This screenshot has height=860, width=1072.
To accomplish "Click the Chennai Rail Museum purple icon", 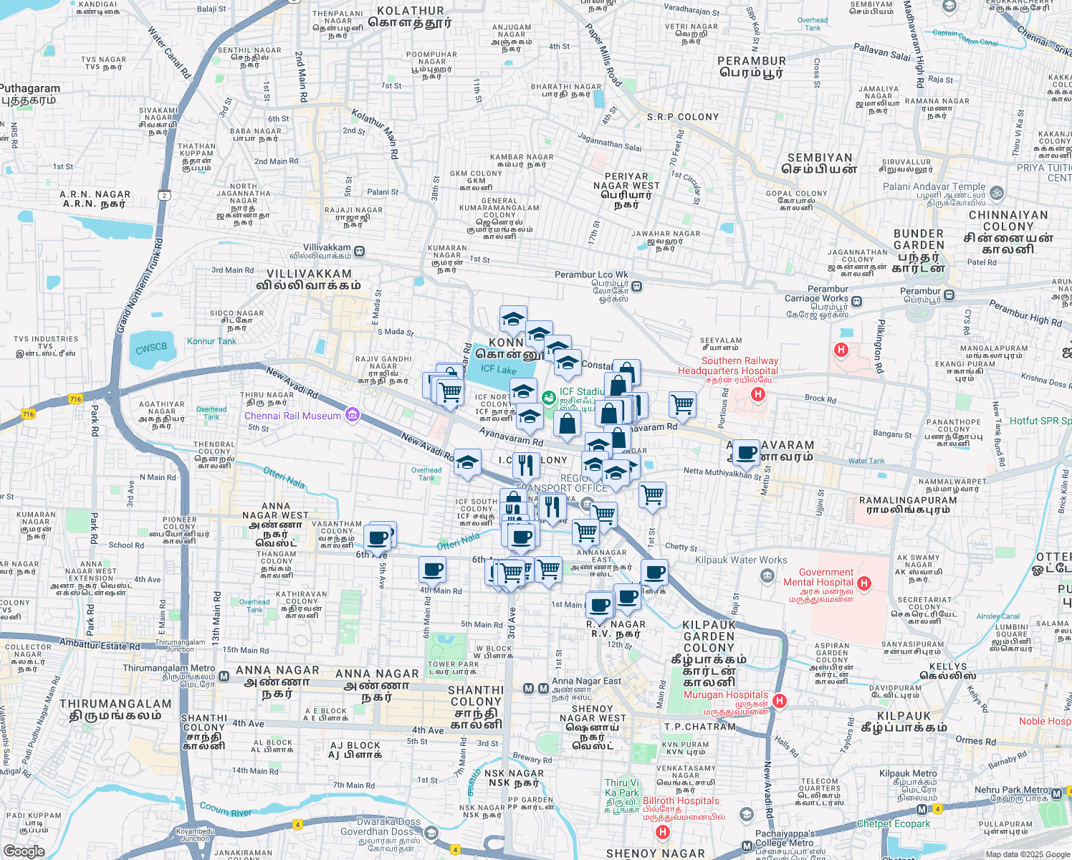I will (x=352, y=415).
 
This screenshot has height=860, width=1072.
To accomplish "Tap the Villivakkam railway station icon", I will (x=359, y=252).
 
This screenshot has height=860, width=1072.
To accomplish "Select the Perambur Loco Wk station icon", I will (x=636, y=287).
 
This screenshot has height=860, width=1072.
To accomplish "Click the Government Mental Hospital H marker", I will (x=864, y=583).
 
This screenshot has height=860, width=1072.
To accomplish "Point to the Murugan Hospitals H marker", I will (x=780, y=701).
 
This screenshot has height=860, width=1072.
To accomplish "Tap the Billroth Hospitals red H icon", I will (x=663, y=832).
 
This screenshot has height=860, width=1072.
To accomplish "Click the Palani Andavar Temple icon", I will (x=997, y=193).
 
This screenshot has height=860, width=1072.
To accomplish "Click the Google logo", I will (x=24, y=851).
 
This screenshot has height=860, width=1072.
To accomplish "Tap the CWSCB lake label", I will (x=151, y=348).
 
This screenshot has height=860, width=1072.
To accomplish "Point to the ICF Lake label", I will (x=498, y=369).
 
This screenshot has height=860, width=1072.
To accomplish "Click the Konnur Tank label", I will (x=211, y=341).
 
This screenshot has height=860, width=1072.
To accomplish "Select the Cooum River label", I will (x=225, y=810).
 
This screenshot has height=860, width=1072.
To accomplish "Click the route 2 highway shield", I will (x=166, y=195).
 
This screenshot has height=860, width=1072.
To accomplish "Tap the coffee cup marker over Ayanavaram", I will (x=746, y=452).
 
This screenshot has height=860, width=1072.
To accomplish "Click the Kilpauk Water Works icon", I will (x=767, y=575).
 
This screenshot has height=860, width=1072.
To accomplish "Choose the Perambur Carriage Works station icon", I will (x=856, y=302).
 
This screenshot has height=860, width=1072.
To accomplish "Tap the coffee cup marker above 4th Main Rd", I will (x=432, y=570).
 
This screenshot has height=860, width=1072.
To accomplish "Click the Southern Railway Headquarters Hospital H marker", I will (x=757, y=394).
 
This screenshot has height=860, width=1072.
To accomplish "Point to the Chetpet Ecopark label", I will (x=894, y=823).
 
